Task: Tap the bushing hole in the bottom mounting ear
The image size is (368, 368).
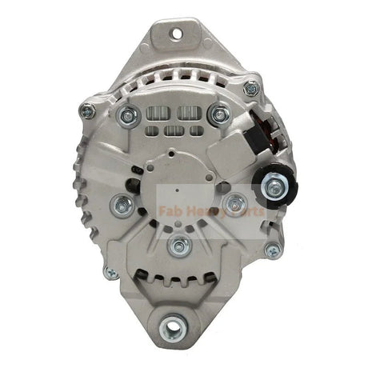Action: point(172,325)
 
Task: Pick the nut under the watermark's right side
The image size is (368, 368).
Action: point(234,203)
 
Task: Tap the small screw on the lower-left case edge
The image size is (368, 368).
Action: point(111,273)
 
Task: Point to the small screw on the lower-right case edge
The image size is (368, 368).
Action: point(273,250)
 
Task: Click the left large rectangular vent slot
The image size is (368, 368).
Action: point(157,113)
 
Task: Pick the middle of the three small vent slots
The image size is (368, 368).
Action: point(172,130)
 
